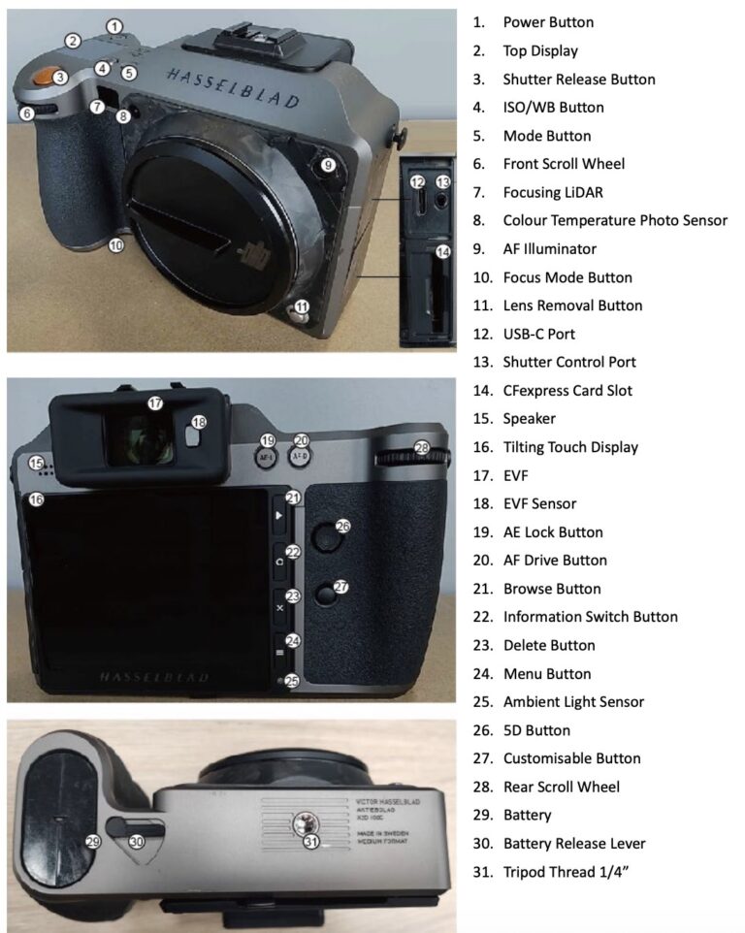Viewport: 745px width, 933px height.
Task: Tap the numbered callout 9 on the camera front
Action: (329, 165)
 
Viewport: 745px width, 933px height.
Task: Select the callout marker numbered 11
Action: (303, 308)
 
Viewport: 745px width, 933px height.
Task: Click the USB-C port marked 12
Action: (418, 181)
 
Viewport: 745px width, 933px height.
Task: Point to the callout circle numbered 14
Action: (443, 251)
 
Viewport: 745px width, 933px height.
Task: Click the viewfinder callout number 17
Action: (155, 402)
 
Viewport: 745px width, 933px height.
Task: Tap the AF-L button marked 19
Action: (268, 453)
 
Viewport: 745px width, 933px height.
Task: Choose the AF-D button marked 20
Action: (301, 453)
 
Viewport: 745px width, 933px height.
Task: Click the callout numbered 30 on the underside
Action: (137, 842)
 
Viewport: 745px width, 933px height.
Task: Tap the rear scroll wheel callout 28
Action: (421, 448)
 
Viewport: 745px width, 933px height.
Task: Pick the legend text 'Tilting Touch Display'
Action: (584, 447)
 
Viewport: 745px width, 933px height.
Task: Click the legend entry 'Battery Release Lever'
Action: (588, 843)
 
